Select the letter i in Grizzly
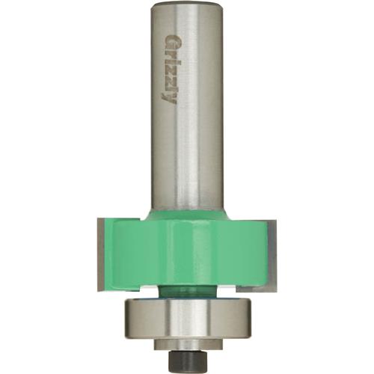click(x=169, y=63)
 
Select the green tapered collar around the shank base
click(x=187, y=215)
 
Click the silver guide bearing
click(x=187, y=314)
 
